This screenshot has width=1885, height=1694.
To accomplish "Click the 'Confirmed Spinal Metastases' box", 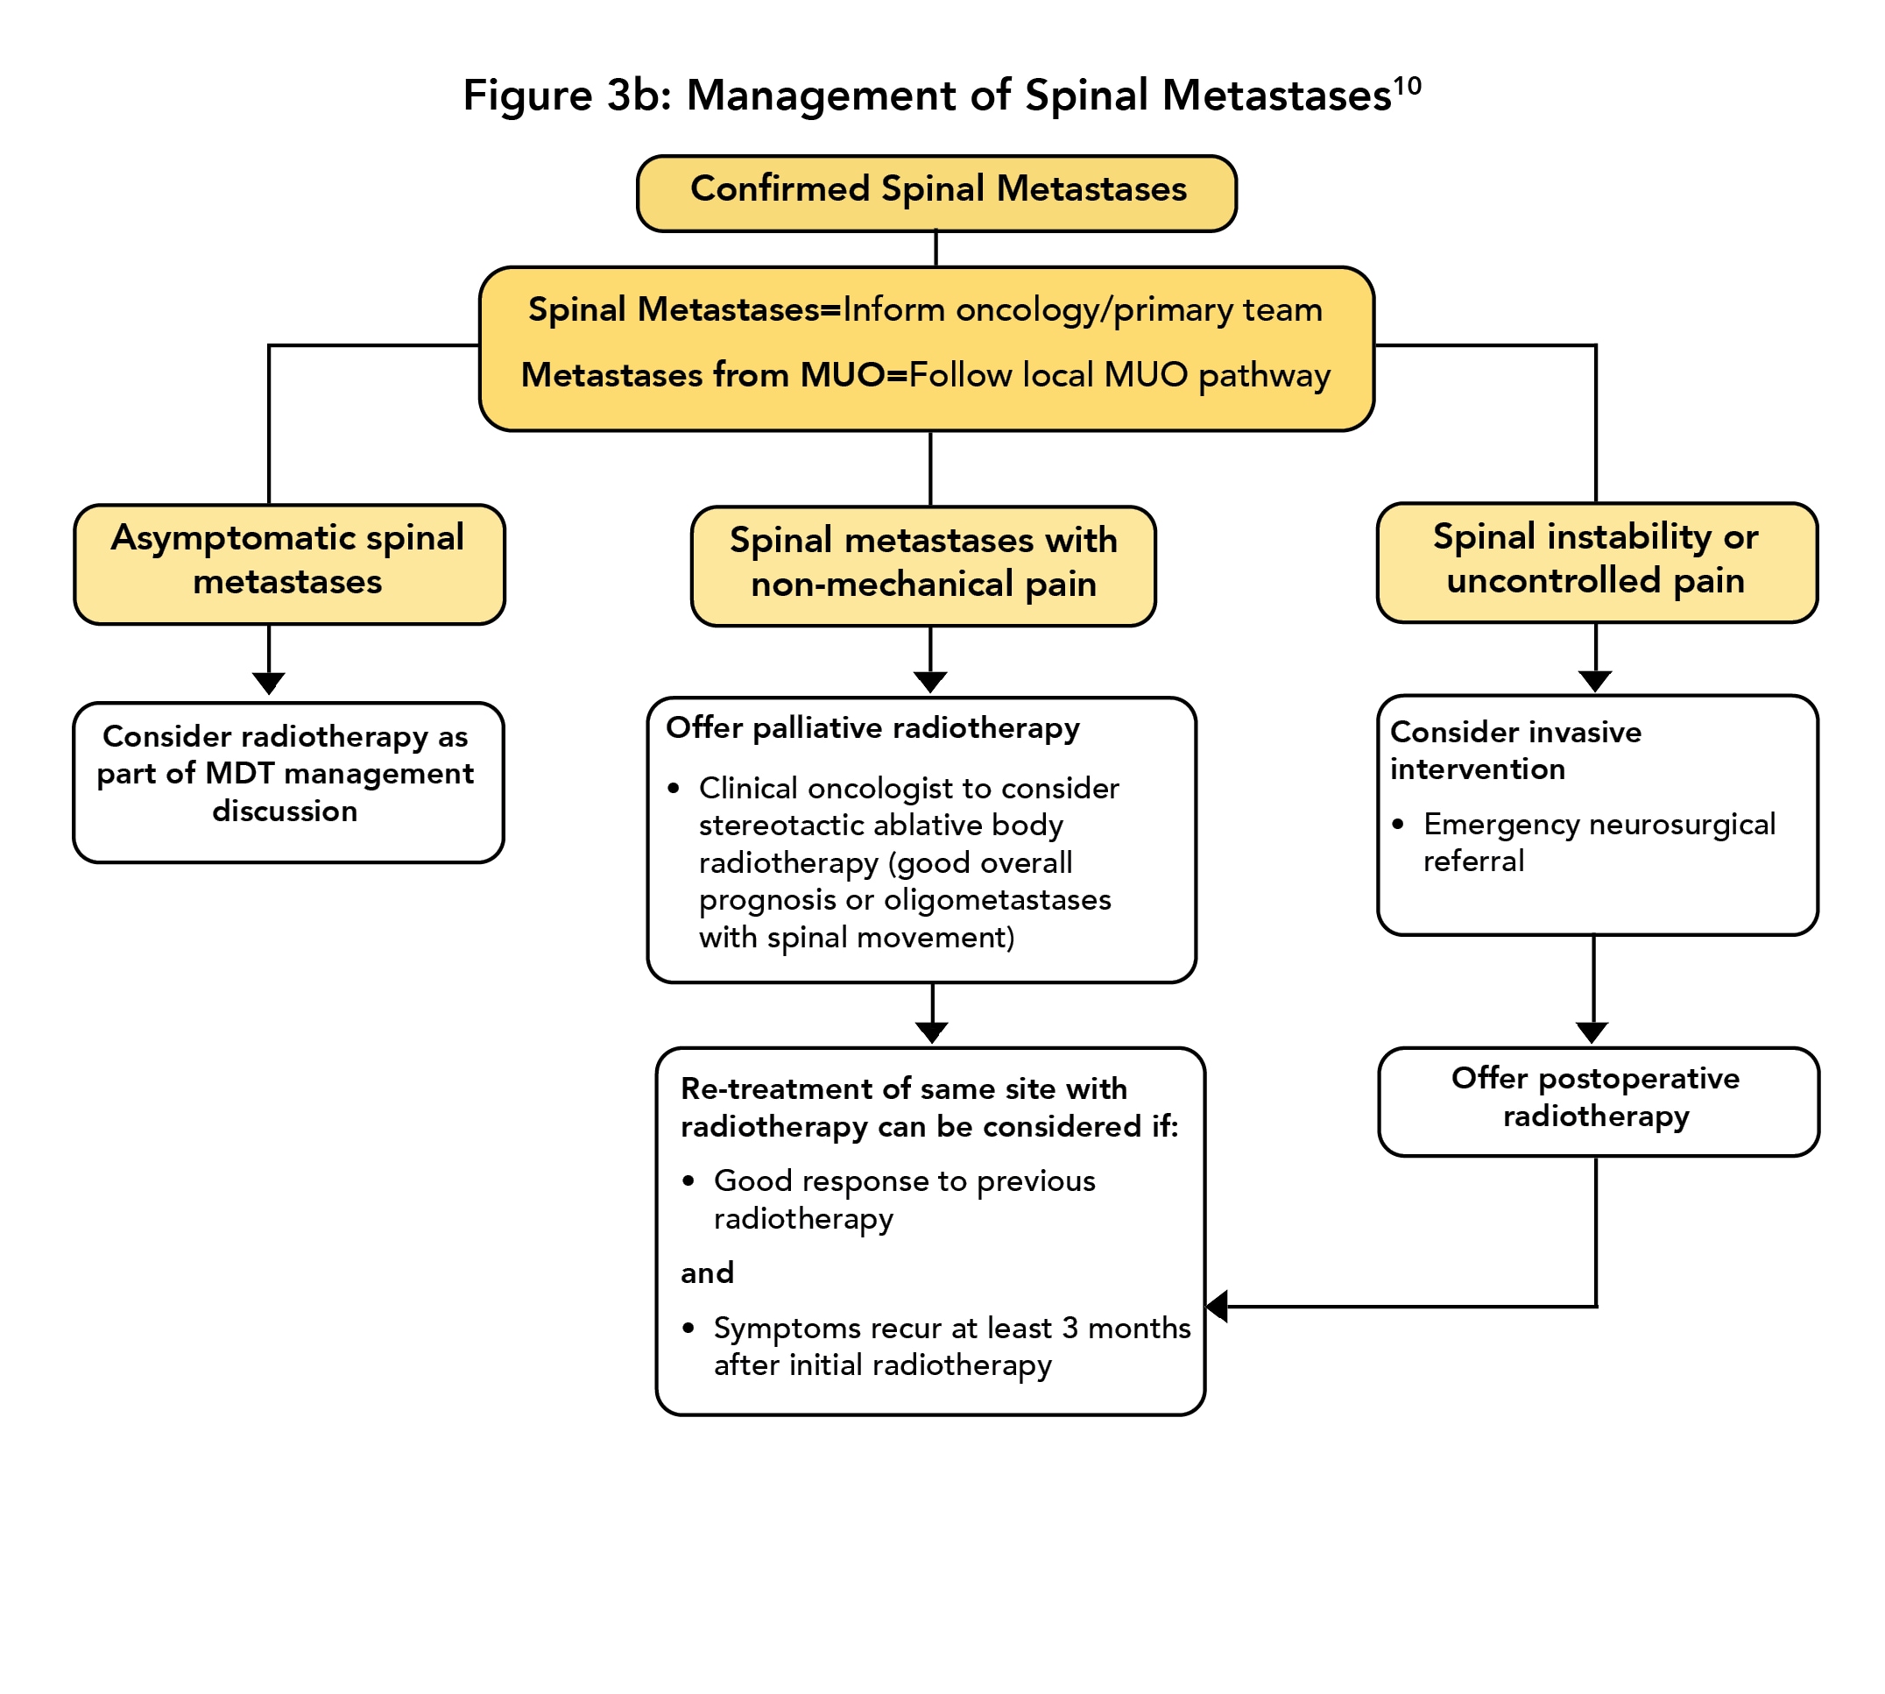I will (936, 193).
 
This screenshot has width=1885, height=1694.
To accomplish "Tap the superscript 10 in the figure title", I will (1407, 87).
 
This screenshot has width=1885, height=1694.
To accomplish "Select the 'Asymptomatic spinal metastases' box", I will (288, 564).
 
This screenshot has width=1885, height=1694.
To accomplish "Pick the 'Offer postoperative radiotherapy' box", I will (1597, 1101).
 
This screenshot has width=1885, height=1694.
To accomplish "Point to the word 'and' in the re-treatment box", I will (707, 1272).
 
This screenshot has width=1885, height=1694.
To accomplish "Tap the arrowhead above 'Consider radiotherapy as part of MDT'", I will (269, 684).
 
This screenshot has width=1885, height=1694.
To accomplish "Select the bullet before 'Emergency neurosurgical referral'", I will (1397, 824).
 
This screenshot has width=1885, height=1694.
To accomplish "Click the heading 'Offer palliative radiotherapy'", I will (872, 728).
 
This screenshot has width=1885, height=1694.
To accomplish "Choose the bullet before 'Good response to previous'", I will (688, 1181).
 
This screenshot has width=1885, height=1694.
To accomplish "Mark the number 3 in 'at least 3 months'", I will (1070, 1328).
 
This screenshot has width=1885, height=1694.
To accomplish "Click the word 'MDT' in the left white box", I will (240, 774).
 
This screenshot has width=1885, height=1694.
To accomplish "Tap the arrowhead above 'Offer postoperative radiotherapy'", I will (1592, 1032).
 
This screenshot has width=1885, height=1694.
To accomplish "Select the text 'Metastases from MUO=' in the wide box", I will (714, 375).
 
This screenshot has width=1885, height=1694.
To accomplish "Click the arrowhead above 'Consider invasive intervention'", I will (1596, 681).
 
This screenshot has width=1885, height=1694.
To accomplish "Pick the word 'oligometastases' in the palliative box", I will (997, 900).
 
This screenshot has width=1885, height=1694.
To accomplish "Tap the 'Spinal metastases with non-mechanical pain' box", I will (923, 566).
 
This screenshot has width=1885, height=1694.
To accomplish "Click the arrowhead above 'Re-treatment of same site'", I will (931, 1032).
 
